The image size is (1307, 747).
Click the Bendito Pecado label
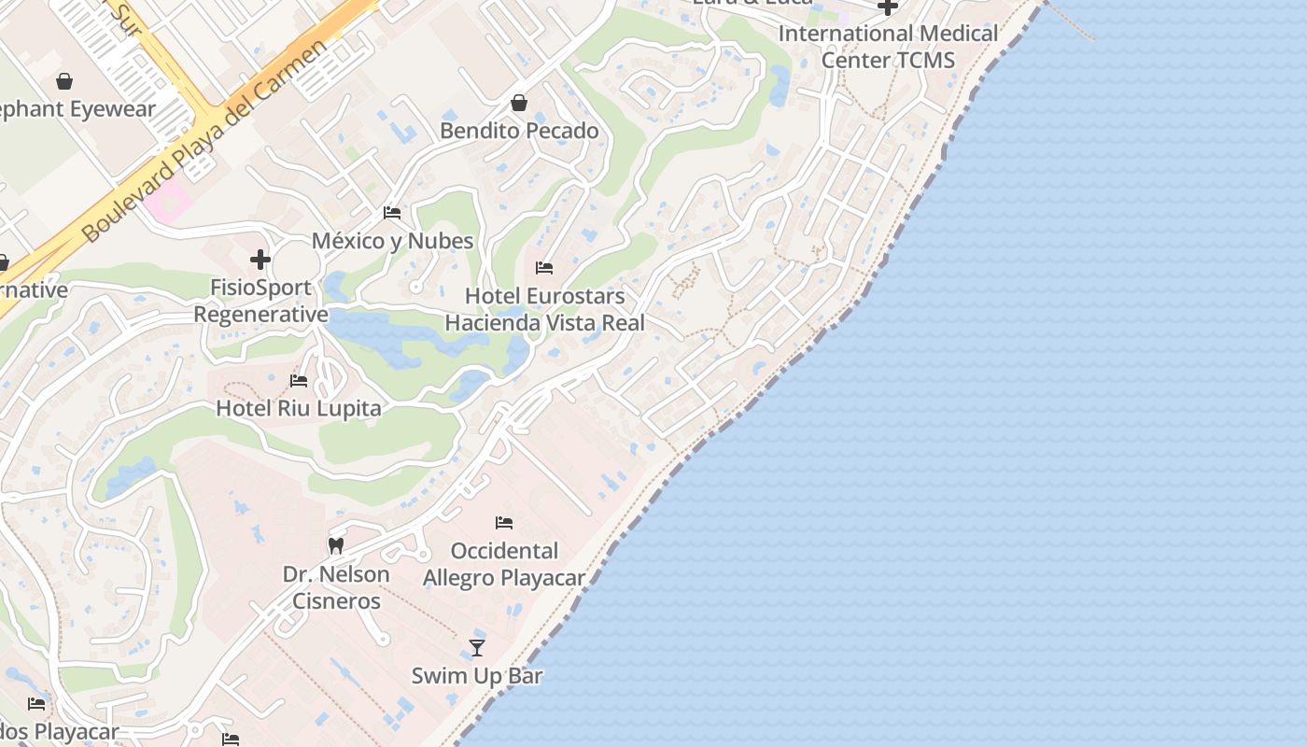pos(519,131)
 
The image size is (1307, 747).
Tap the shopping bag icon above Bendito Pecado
pos(519,103)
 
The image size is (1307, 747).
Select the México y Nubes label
pos(392,241)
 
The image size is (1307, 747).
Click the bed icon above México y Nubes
pos(392,213)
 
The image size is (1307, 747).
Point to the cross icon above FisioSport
pos(260,260)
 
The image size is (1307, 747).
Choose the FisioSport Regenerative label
pos(260,301)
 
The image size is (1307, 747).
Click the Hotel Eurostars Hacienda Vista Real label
pos(544,309)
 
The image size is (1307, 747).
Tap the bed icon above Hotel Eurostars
pos(544,268)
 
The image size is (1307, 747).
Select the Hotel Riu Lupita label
pos(299,408)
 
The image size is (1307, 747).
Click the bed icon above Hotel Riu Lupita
pos(299,380)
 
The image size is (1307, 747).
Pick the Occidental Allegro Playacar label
pos(504,564)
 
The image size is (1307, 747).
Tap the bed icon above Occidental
pos(504,522)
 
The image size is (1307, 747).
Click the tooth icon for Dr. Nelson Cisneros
pos(336,545)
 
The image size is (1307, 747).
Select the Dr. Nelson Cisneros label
pos(336,587)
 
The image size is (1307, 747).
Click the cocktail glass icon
pos(477,647)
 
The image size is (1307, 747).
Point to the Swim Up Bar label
pos(477,675)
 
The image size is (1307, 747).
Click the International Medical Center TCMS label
pos(888,47)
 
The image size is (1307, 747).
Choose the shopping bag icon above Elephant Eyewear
pos(64,81)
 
